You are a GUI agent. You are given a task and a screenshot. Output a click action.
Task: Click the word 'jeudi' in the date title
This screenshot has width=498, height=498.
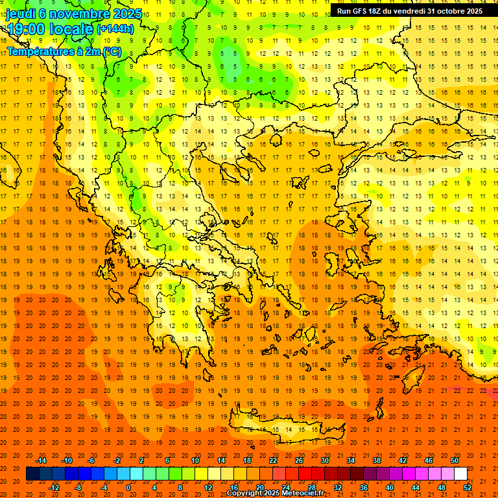tap(20, 14)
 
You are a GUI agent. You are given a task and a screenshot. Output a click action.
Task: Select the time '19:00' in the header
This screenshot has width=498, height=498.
tap(26, 29)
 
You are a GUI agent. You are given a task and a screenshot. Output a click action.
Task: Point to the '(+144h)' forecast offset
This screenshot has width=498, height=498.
tap(115, 29)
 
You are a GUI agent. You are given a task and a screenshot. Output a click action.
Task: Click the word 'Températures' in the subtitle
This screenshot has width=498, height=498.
tap(38, 51)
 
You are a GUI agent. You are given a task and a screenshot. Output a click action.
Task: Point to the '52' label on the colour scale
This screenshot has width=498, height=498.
tap(468, 488)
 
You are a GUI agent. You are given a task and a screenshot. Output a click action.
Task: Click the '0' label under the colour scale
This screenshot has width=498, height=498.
tap(128, 488)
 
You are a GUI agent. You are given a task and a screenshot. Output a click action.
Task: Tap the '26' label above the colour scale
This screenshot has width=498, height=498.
tap(299, 460)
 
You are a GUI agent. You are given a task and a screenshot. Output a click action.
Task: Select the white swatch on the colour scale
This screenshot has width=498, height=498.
tap(460, 474)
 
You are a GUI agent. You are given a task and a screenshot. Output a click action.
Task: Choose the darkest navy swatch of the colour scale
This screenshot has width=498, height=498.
tap(32, 474)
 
